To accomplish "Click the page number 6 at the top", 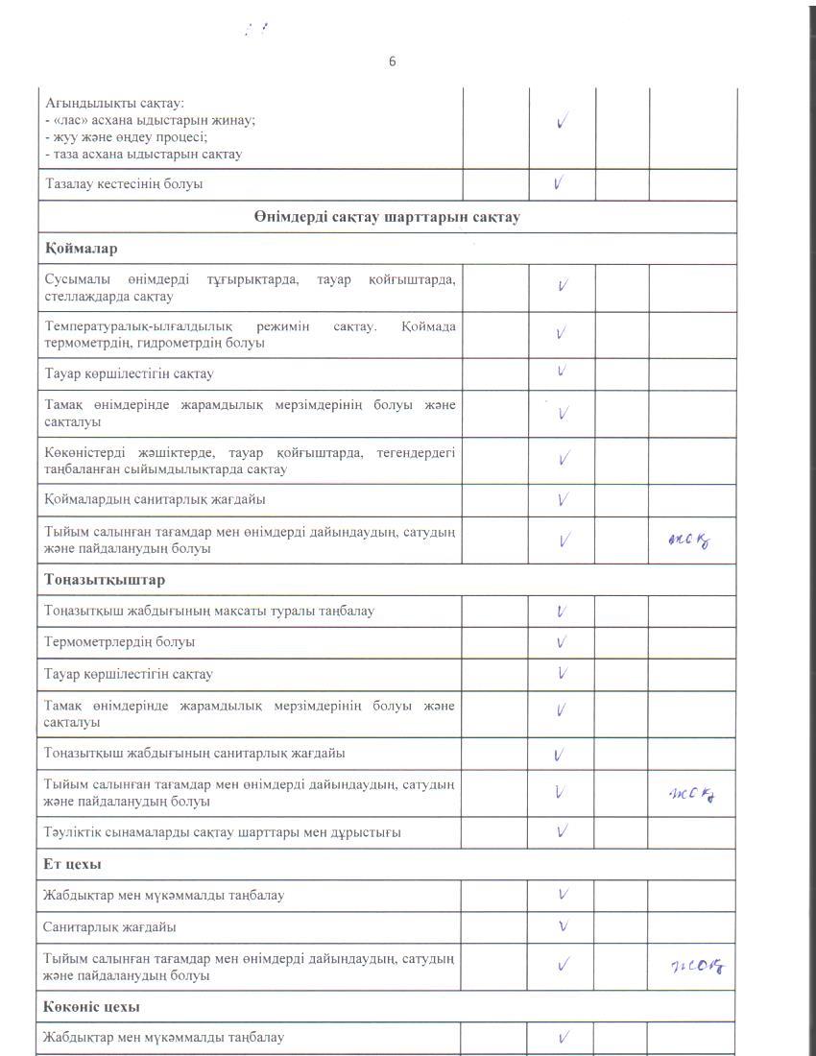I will [x=392, y=61].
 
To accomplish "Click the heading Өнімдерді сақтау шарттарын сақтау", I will [x=387, y=217].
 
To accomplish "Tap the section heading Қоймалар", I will [x=81, y=249].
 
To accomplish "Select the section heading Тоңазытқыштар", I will [x=104, y=580].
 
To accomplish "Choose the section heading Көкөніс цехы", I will [x=91, y=1007].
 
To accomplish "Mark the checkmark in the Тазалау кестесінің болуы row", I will [x=561, y=182].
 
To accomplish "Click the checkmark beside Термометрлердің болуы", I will [x=562, y=641].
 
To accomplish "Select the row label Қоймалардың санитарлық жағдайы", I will [x=155, y=499].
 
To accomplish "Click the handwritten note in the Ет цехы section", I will [x=696, y=966].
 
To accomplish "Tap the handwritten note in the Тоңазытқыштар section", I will [x=693, y=793].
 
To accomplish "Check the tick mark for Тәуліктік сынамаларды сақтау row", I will [x=563, y=830].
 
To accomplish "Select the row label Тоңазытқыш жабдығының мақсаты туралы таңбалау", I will [x=209, y=611].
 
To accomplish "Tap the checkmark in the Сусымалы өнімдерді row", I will [x=563, y=285].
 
